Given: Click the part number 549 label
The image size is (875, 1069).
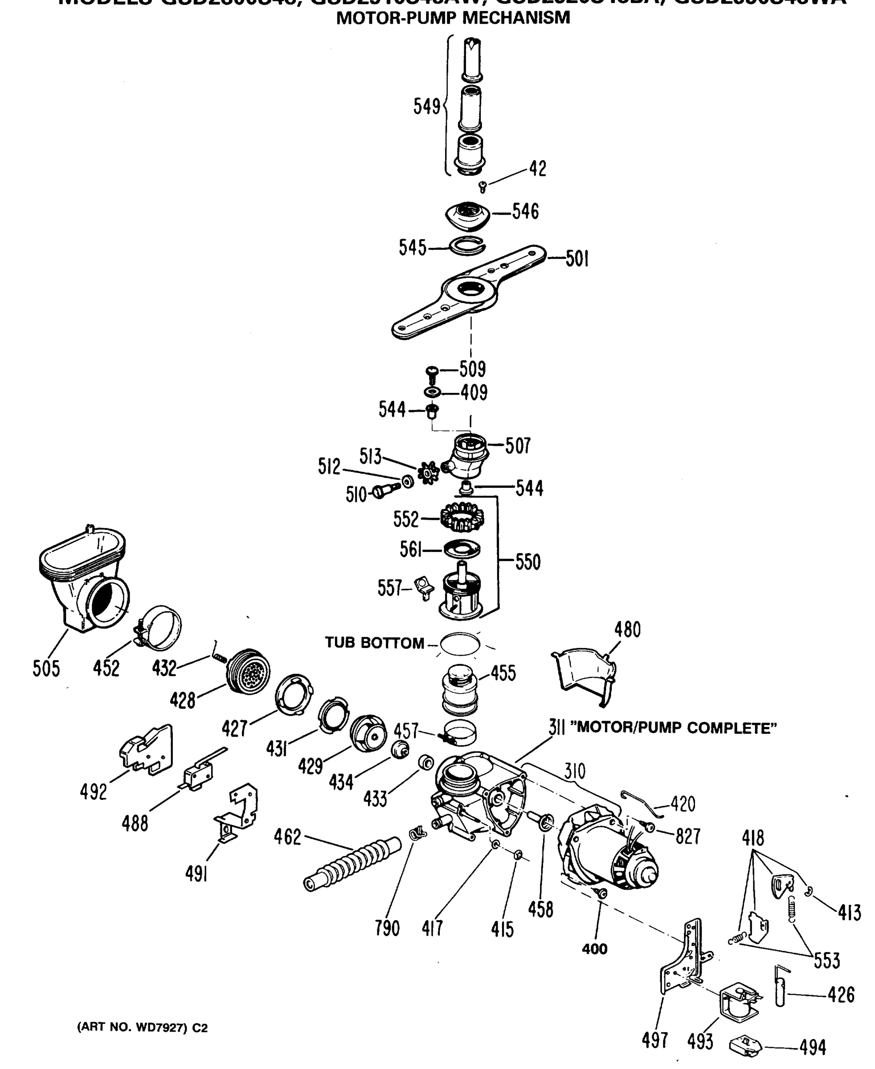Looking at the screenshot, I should point(426,107).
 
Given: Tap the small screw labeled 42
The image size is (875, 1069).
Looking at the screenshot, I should point(482,188).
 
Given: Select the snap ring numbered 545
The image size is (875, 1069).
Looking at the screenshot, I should point(468,245).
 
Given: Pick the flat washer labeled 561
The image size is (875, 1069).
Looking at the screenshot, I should point(462,549).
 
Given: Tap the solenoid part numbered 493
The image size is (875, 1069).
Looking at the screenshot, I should point(739,1003).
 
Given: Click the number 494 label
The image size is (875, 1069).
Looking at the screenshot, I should point(812,1048).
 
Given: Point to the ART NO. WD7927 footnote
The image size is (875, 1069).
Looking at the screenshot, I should point(142,1027).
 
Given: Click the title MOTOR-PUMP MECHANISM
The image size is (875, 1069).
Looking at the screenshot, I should point(453,18).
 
